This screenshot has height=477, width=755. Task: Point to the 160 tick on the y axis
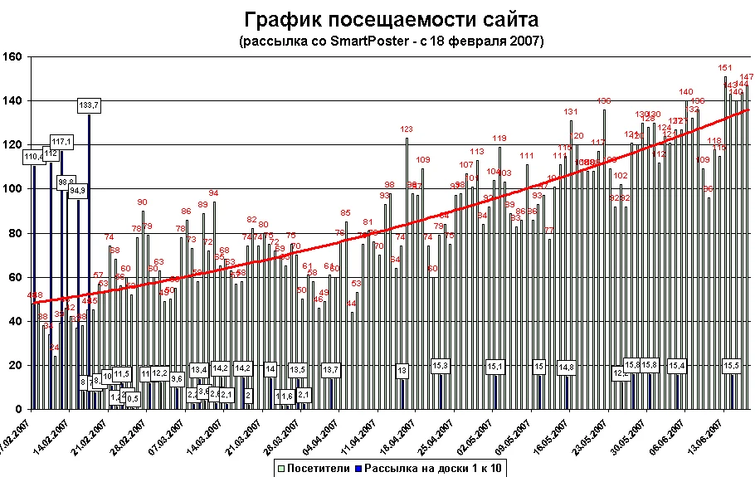13,56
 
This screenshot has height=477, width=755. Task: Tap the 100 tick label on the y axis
13,188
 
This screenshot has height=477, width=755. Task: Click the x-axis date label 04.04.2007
319,437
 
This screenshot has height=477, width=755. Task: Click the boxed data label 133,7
89,105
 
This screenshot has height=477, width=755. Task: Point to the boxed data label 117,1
61,142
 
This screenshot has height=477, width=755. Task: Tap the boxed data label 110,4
34,156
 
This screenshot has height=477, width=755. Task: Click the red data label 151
724,68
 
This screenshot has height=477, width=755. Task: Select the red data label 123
407,129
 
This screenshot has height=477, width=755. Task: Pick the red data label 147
746,77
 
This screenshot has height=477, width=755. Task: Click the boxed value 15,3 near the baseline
441,365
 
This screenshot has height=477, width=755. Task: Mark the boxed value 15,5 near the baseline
732,365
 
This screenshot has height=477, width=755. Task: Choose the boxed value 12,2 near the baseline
160,373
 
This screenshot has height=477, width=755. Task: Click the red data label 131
571,112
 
